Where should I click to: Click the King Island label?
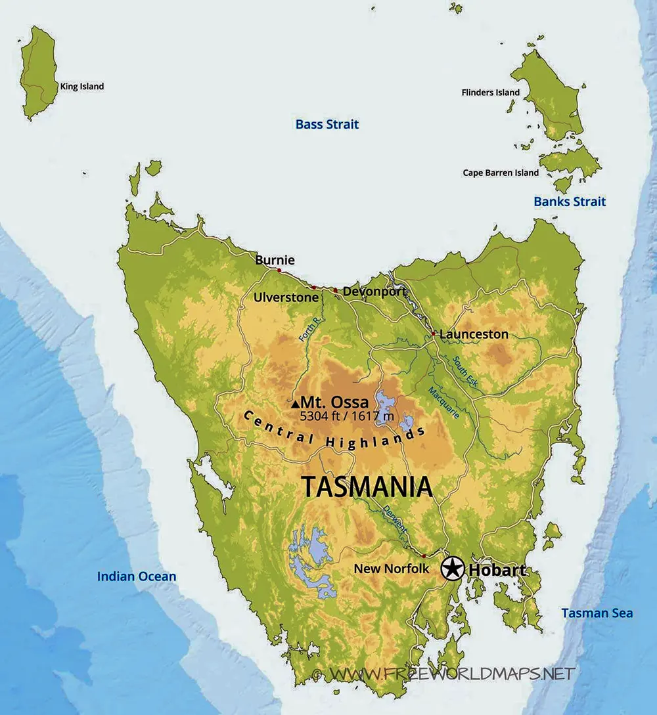82,87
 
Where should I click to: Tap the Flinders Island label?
490,93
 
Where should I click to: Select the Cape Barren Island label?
501,173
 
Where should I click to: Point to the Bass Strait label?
327,124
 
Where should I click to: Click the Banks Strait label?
570,202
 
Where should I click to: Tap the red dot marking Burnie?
279,270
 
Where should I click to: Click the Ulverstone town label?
286,297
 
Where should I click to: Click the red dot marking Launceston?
434,334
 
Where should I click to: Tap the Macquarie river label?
443,403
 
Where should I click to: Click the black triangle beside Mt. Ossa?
296,404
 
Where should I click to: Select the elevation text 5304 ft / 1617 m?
347,416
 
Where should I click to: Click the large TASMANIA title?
367,487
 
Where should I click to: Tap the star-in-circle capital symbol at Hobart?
452,569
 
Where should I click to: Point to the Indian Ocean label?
137,576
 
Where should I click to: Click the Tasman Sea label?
597,613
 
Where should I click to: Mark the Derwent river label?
396,519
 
